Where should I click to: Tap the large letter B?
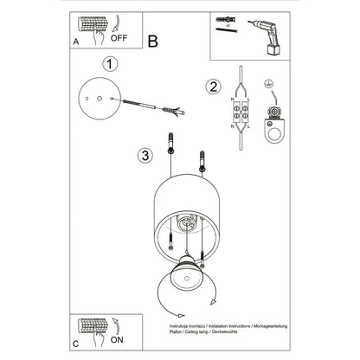coord(153,40)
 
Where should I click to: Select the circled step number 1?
coord(109,64)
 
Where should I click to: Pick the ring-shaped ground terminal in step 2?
coord(275,130)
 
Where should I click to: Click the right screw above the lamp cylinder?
coord(205,161)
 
